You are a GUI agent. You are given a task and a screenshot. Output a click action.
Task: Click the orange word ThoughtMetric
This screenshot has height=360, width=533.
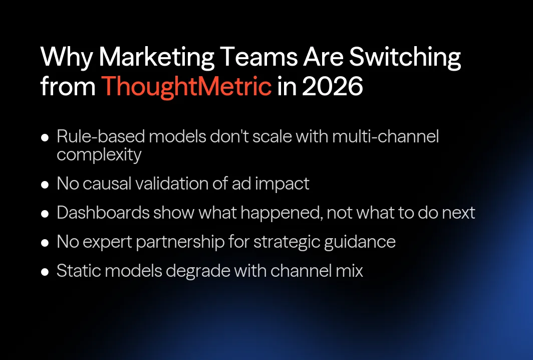click(186, 87)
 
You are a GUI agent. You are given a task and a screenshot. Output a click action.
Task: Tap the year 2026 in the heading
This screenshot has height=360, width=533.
click(332, 87)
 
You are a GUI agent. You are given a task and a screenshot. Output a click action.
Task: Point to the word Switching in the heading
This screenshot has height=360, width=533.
click(405, 58)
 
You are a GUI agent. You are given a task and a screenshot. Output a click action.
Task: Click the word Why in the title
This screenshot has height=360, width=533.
click(66, 58)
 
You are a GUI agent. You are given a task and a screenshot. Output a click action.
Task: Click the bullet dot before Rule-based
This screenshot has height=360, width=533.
click(45, 137)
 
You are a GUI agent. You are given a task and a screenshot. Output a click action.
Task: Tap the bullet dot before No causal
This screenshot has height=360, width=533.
click(45, 184)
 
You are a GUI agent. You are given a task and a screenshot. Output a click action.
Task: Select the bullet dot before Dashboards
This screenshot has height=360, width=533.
click(45, 213)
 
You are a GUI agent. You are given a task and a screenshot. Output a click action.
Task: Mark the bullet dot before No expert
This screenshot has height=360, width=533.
click(45, 242)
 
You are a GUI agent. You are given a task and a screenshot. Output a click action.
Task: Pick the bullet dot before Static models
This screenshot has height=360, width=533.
click(45, 271)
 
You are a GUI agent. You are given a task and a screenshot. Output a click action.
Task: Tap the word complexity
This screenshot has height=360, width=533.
click(99, 154)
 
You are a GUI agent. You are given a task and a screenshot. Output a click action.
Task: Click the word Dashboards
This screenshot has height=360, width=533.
click(103, 213)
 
